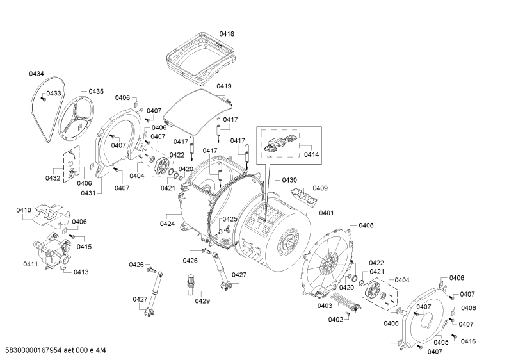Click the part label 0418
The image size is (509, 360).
(227, 34)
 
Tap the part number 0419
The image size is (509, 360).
(224, 86)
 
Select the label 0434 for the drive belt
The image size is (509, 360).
(36, 74)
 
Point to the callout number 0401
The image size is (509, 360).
(327, 213)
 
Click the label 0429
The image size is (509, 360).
(202, 301)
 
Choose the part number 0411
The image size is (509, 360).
(30, 264)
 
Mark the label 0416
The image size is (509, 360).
(468, 341)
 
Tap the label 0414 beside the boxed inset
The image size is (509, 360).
(311, 154)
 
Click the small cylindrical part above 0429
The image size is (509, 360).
(191, 284)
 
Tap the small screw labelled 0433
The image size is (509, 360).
(42, 99)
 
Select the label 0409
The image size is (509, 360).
(320, 188)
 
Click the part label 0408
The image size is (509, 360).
(366, 225)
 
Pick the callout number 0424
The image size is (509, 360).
(167, 224)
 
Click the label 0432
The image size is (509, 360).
(53, 178)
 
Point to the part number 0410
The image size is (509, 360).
(24, 210)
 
